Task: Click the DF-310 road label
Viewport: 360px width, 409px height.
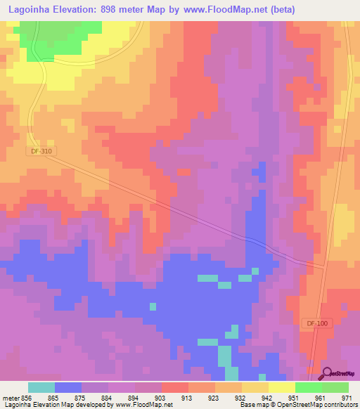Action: pos(41,151)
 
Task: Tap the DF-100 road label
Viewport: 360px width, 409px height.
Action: pos(317,323)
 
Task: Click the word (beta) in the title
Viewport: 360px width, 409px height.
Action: pos(280,9)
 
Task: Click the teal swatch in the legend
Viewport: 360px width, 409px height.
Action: pos(41,387)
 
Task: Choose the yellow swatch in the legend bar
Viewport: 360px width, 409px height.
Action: pos(282,387)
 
